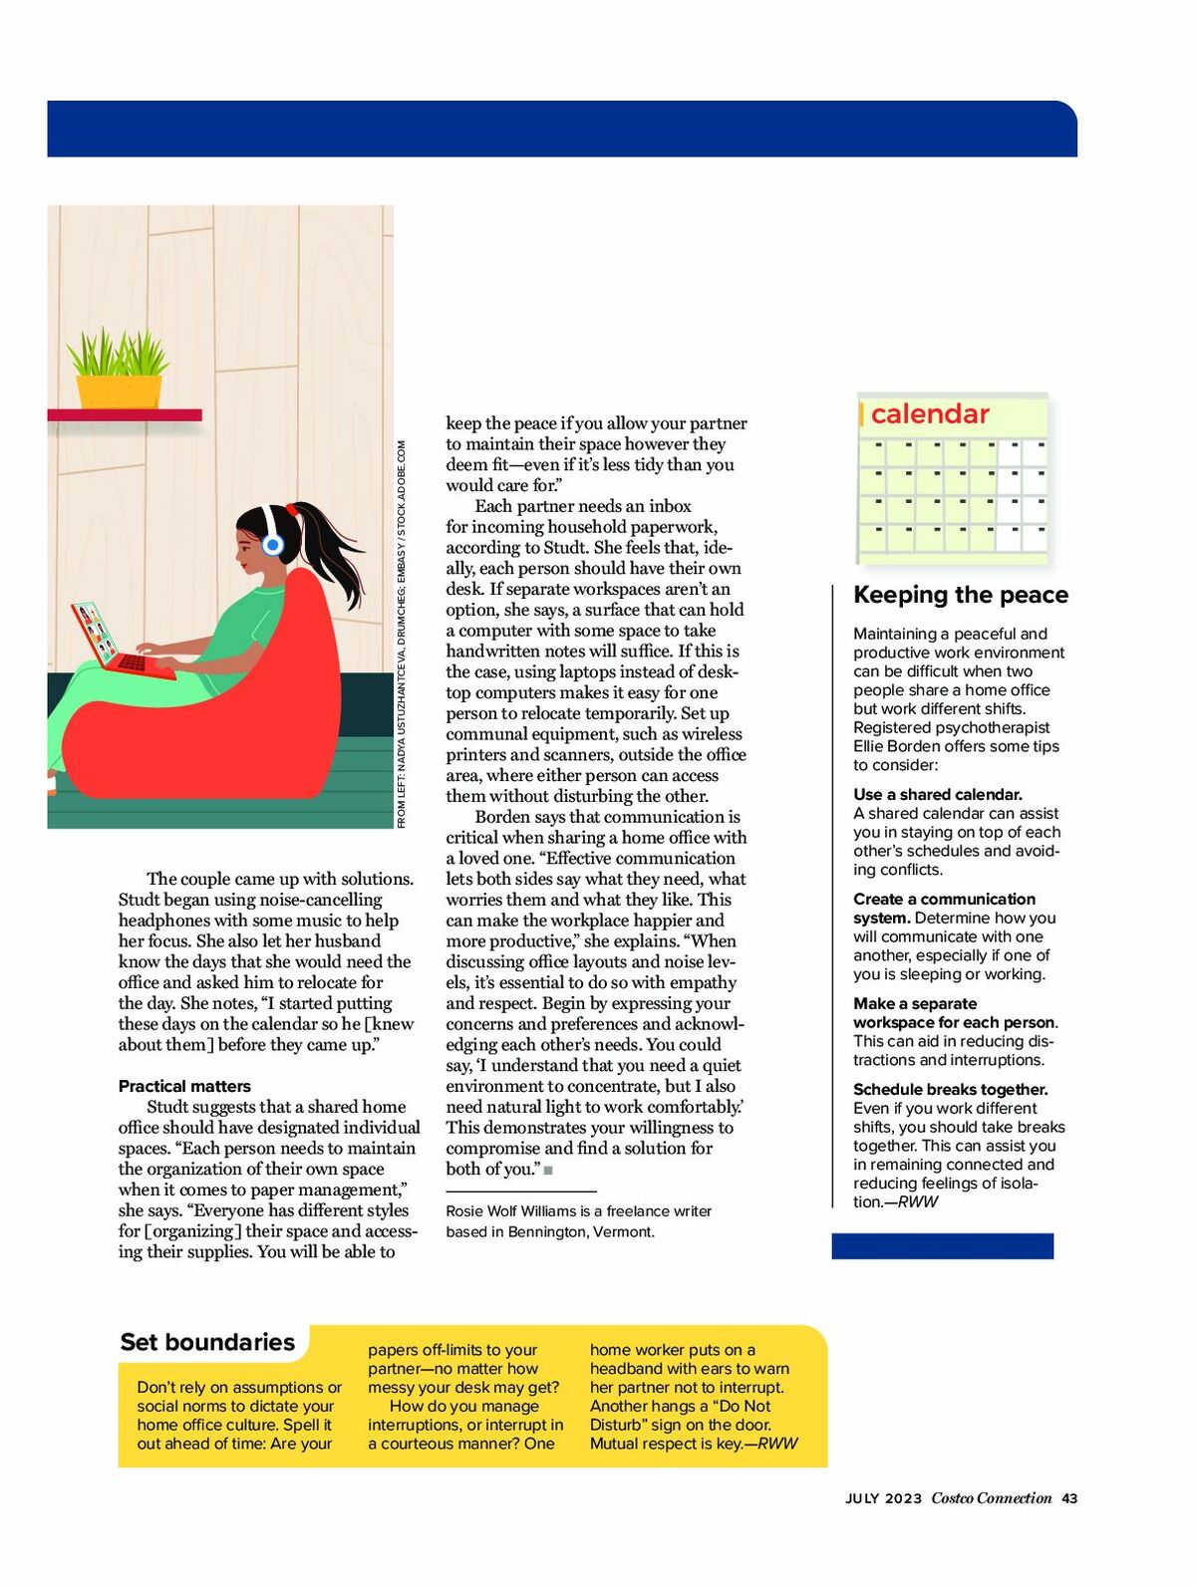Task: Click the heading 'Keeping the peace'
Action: [960, 595]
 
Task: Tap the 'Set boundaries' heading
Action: [207, 1342]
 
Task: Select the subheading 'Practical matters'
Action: [184, 1086]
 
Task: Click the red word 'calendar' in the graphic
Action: [930, 414]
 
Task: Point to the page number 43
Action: [1069, 1498]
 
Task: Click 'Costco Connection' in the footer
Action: [992, 1498]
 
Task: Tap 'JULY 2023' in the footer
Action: [884, 1498]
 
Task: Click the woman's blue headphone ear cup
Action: [272, 545]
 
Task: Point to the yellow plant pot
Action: [119, 391]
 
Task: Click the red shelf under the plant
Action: [125, 414]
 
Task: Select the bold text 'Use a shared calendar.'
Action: [938, 795]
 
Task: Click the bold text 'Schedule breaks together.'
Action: [950, 1090]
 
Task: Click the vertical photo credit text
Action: [402, 634]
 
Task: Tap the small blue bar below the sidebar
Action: [942, 1246]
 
